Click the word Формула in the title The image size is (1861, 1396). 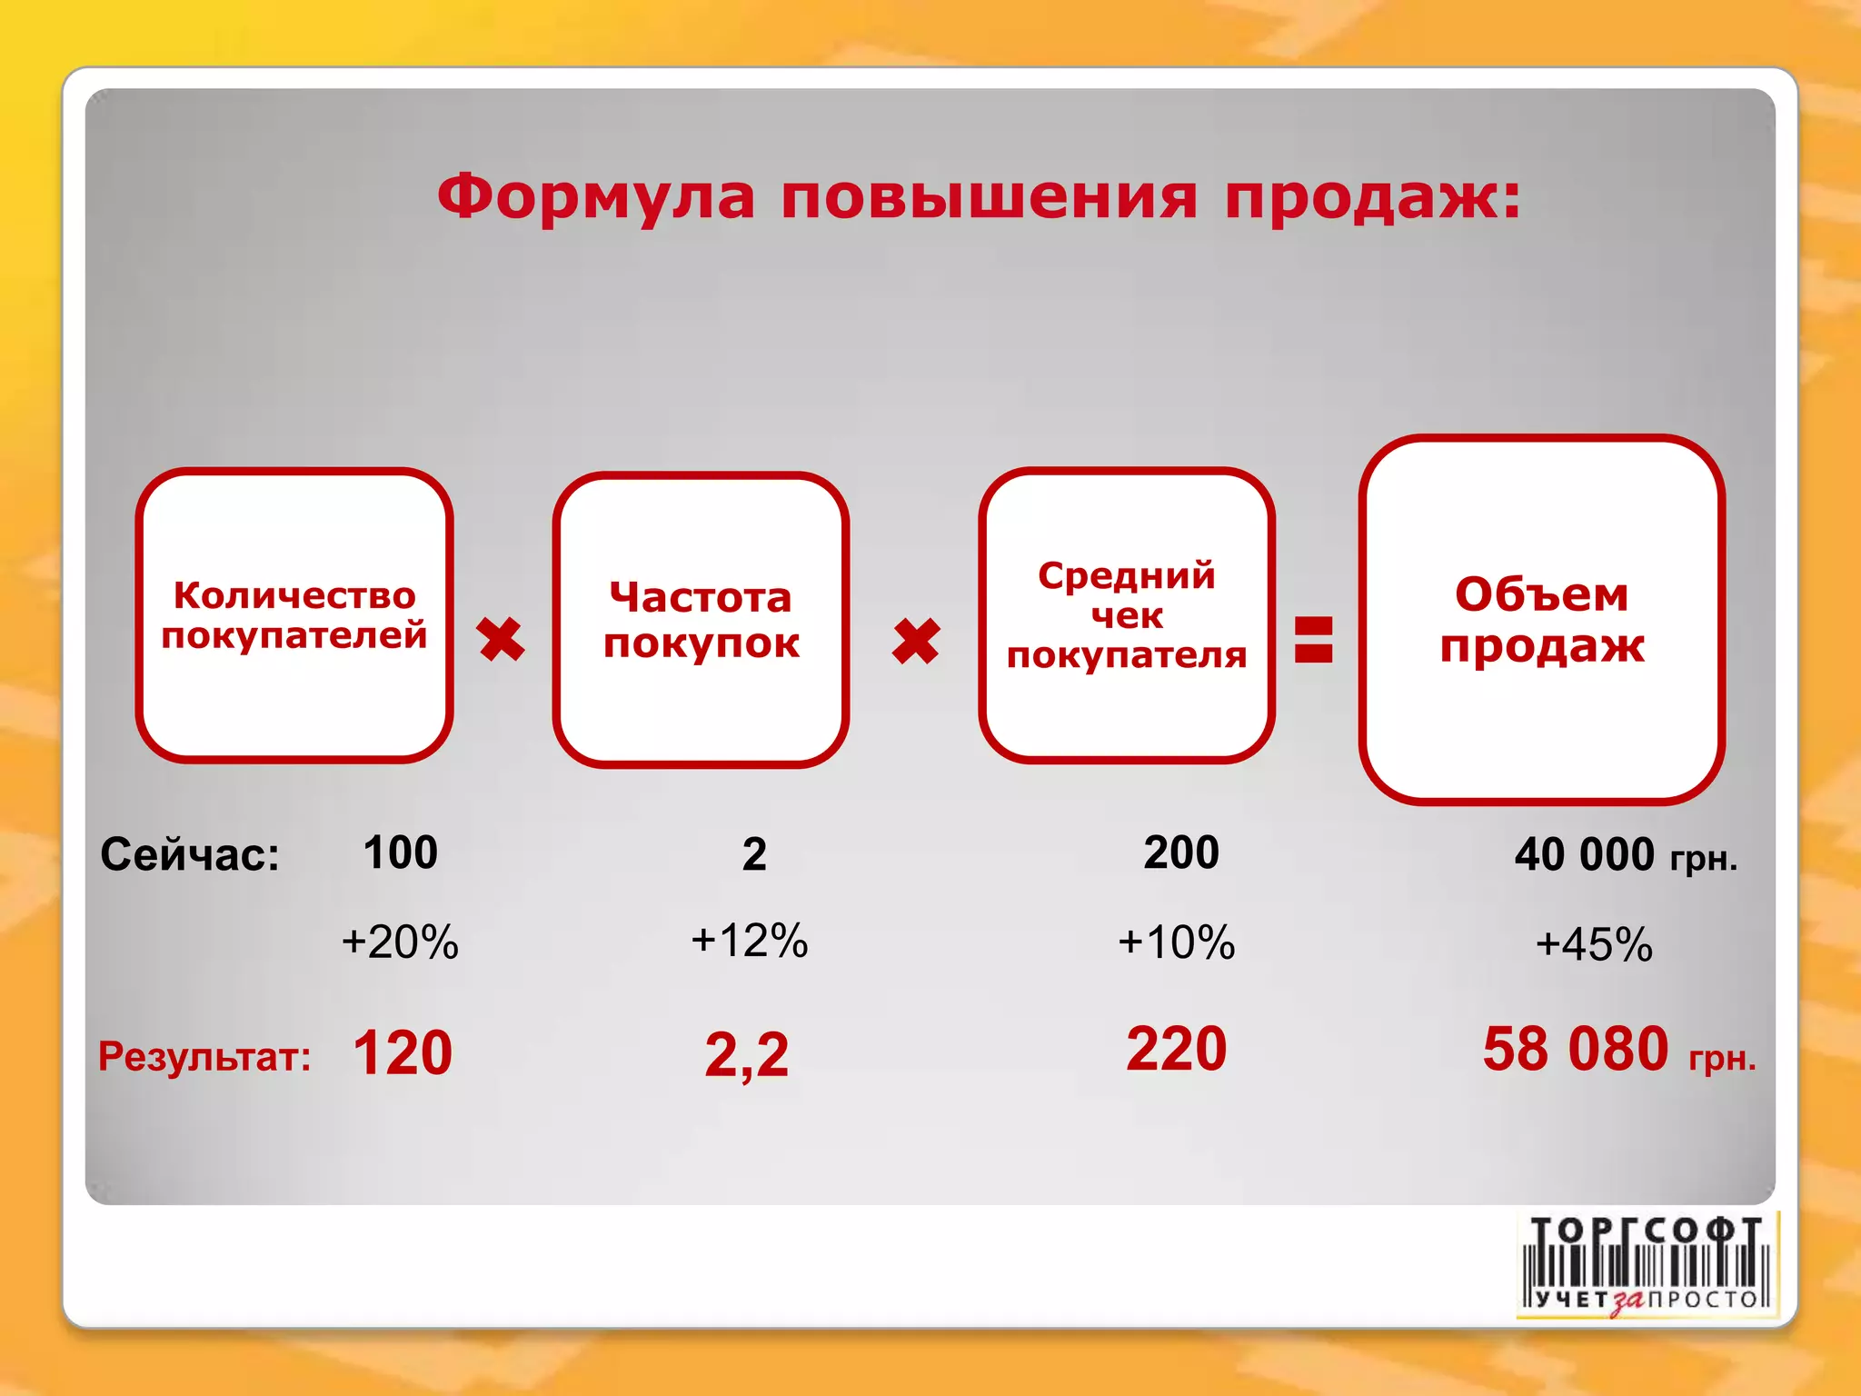595,196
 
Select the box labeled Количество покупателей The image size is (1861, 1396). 294,615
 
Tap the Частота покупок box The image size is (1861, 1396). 701,620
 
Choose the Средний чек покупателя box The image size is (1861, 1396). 1127,615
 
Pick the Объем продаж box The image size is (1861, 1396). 1541,620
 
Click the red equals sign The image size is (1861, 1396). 1314,639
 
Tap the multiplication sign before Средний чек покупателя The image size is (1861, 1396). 916,642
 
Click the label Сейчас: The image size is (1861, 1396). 190,854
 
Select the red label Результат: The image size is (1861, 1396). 204,1056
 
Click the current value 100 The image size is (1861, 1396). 401,853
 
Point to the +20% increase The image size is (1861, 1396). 400,942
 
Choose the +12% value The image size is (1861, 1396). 750,940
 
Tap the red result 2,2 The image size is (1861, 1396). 747,1055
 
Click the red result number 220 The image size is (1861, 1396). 1177,1049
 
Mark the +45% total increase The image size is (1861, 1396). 1594,944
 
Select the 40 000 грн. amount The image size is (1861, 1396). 1626,855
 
